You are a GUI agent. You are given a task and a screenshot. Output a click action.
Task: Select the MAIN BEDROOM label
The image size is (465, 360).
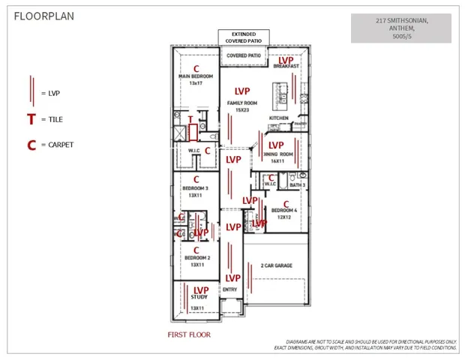point(196,76)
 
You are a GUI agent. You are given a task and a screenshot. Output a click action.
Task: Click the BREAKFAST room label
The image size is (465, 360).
point(286,67)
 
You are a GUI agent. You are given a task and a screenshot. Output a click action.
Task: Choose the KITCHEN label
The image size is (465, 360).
point(278,118)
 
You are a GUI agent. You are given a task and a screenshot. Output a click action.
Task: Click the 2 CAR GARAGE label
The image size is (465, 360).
point(276,265)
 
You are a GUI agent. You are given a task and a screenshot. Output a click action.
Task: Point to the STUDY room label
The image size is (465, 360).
point(199,297)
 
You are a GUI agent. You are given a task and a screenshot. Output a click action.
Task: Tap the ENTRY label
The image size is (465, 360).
point(230,289)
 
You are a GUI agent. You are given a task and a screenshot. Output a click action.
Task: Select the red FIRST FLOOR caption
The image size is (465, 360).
point(190,334)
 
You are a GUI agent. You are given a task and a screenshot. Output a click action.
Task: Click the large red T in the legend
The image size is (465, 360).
point(31,119)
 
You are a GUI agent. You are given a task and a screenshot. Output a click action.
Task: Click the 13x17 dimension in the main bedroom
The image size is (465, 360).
point(196,83)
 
